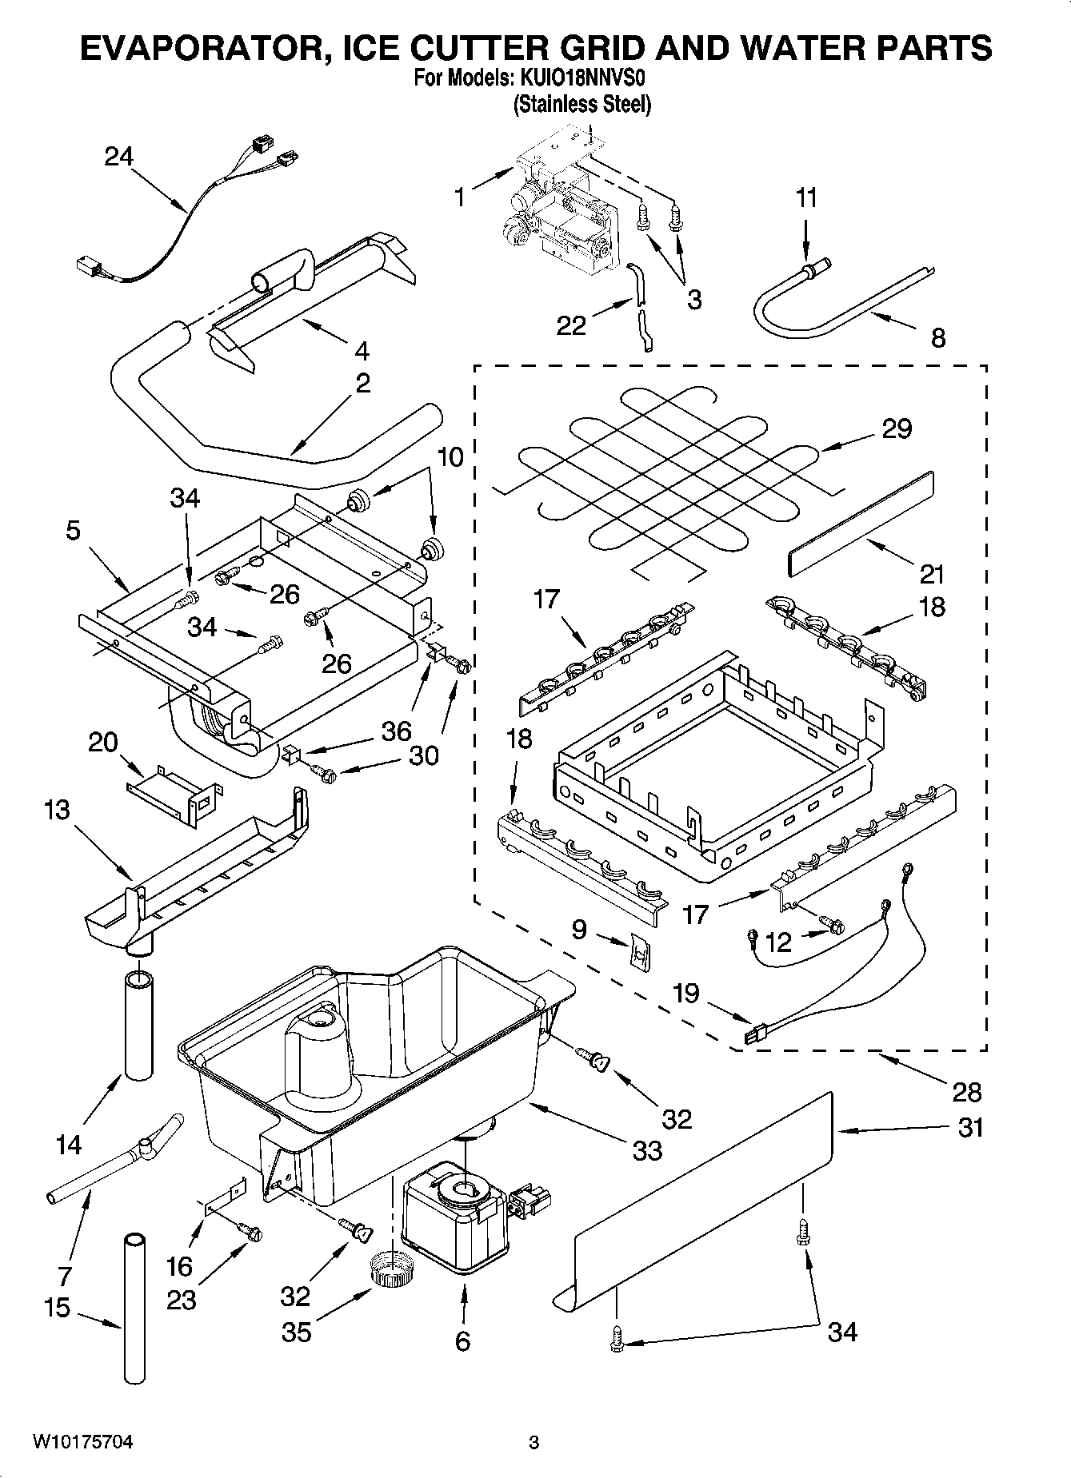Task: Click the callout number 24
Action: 118,156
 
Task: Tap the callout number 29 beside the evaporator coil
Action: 897,428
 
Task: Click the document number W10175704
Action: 82,1442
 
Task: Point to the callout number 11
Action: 806,197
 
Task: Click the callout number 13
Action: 57,810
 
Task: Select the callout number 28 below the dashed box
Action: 967,1091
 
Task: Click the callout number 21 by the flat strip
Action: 932,574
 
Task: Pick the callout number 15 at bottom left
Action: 57,1308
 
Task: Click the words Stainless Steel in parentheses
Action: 581,104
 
